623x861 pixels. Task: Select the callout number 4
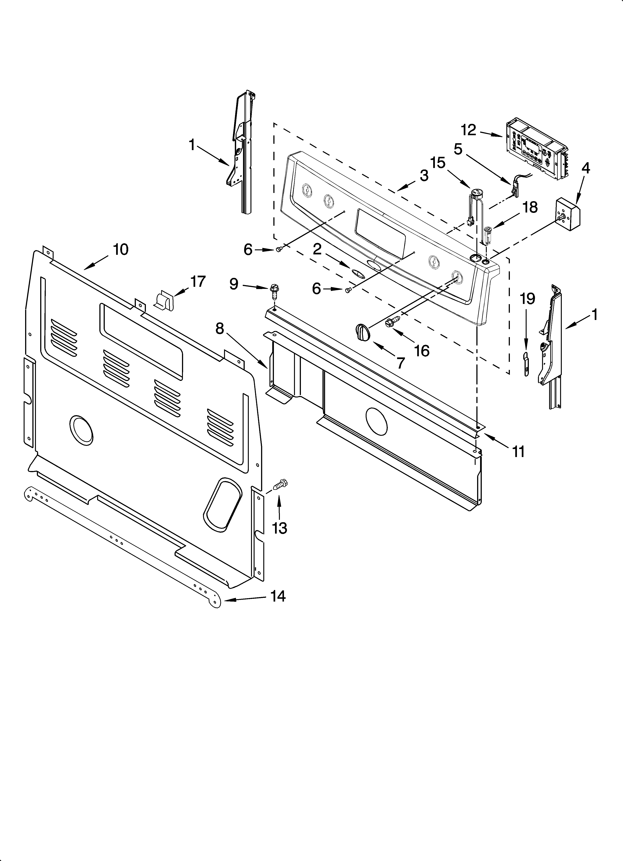pos(586,168)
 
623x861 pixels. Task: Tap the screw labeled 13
pos(280,484)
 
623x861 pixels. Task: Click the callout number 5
pos(458,149)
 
